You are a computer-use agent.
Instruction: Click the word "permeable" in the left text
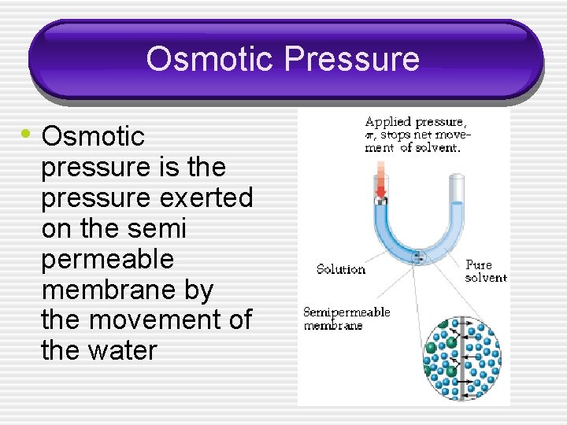(x=107, y=259)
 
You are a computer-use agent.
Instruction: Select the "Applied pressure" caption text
(x=415, y=122)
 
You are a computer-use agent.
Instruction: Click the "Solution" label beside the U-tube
(x=340, y=269)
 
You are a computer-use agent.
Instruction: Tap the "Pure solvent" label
(x=485, y=271)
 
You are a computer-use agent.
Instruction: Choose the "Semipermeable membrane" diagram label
(x=346, y=319)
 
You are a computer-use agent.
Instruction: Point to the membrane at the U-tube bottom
(x=419, y=257)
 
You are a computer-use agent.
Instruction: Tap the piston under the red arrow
(x=380, y=201)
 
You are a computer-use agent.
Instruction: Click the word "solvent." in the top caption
(x=443, y=148)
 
